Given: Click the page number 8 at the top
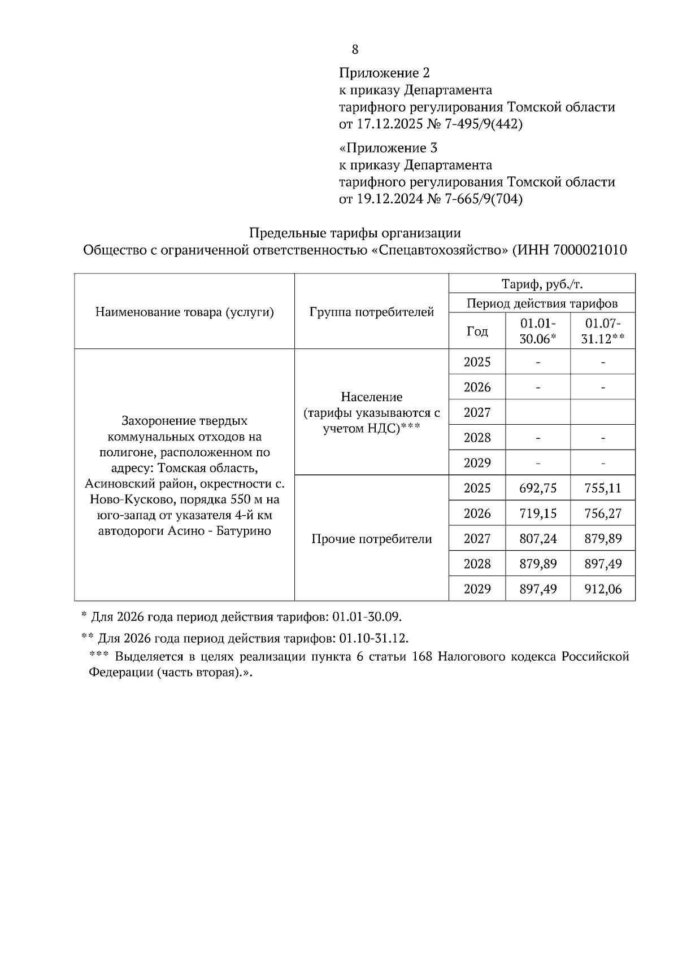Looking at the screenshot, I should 355,50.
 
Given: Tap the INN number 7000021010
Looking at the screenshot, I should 590,250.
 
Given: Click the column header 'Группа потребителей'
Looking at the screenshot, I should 371,312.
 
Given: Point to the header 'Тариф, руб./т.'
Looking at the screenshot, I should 542,284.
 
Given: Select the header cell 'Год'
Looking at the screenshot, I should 477,332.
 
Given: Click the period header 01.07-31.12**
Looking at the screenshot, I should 603,332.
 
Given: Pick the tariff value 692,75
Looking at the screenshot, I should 537,488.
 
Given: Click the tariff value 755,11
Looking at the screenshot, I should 603,488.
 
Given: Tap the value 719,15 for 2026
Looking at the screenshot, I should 537,513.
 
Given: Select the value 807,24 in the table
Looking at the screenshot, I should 537,539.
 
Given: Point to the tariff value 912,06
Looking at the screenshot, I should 603,589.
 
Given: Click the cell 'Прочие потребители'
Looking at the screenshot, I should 371,539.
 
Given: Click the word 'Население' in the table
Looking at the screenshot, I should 371,397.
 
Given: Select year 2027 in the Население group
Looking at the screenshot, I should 477,412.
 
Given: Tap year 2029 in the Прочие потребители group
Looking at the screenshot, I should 477,589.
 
